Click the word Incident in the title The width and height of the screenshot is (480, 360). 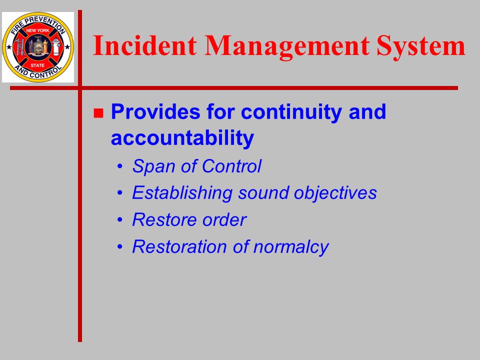click(x=144, y=45)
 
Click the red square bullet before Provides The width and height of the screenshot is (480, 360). click(x=98, y=113)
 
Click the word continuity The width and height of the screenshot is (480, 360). click(x=291, y=112)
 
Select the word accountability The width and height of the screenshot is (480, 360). click(x=182, y=138)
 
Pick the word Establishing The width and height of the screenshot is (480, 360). click(x=182, y=193)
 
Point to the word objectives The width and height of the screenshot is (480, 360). click(x=335, y=193)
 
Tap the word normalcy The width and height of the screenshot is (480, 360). click(x=291, y=247)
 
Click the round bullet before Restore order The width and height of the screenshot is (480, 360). click(x=120, y=220)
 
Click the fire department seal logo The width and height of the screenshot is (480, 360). click(x=38, y=47)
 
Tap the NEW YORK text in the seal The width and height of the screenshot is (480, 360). click(x=37, y=30)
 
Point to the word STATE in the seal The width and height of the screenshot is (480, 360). click(x=37, y=65)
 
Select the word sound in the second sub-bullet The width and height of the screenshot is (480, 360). click(x=263, y=193)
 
